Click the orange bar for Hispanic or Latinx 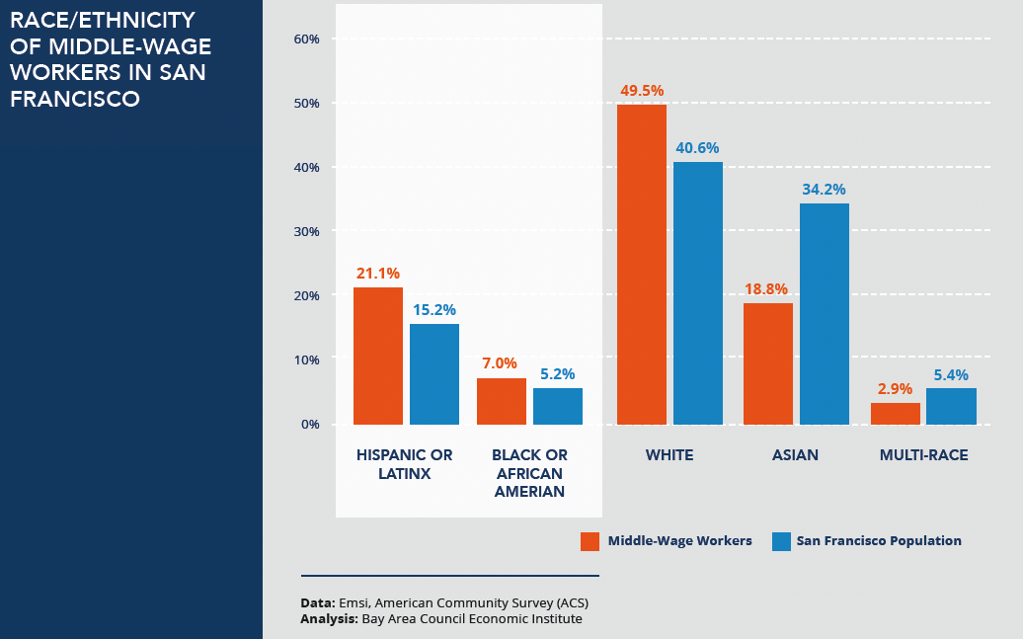tap(378, 356)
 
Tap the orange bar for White tap(642, 264)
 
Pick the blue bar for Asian tap(825, 313)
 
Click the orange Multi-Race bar tap(896, 413)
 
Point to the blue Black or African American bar tap(558, 406)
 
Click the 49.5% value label tap(642, 91)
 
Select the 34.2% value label tap(825, 189)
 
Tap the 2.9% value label tap(896, 389)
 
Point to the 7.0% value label tap(502, 362)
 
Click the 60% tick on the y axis tap(307, 39)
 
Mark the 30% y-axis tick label tap(307, 231)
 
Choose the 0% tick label tap(310, 424)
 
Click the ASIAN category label tap(796, 455)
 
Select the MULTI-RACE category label tap(924, 455)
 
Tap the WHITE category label tap(669, 455)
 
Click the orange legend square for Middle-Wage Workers tap(590, 541)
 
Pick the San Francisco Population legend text tap(879, 541)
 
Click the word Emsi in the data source tap(352, 602)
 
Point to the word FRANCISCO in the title tap(75, 99)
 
